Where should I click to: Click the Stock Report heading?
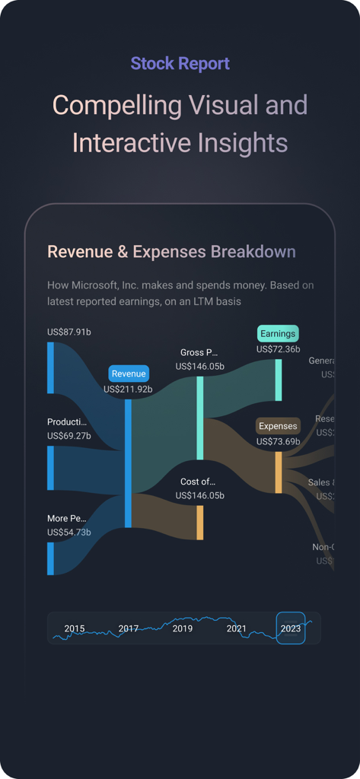(180, 64)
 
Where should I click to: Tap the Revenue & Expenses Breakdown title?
(171, 252)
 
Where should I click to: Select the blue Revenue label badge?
(129, 374)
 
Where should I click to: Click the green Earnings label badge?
(278, 333)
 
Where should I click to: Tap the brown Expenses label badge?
(278, 426)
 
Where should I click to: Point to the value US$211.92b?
(129, 389)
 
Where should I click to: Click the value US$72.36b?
(278, 349)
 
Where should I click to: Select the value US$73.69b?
(278, 441)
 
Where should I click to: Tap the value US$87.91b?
(69, 332)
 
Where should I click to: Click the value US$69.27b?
(69, 436)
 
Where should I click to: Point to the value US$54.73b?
(69, 533)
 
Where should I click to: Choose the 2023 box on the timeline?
(290, 628)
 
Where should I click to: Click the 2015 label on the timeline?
(75, 628)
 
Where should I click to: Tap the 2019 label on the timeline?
(183, 628)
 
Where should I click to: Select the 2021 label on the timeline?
(237, 628)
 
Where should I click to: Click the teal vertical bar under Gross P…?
(200, 418)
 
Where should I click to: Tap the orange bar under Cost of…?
(200, 523)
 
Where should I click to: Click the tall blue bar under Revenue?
(128, 463)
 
